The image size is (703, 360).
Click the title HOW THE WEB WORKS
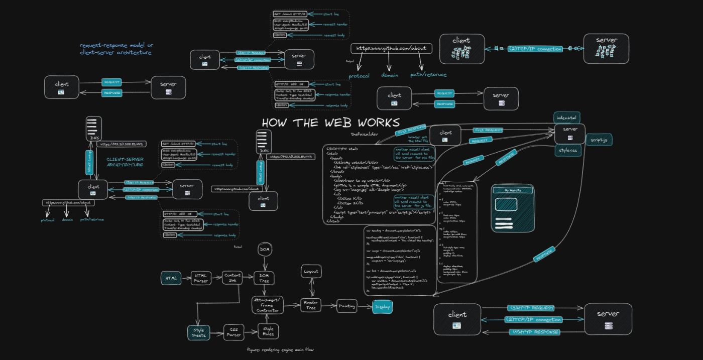click(330, 123)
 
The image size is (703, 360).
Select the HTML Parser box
click(201, 278)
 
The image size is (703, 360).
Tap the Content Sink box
click(232, 278)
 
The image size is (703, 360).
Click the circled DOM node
click(265, 249)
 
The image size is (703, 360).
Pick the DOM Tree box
click(264, 278)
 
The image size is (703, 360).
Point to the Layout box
click(311, 272)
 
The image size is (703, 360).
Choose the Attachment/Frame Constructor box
click(268, 305)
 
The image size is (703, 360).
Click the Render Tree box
click(311, 305)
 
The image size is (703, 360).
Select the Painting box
click(347, 306)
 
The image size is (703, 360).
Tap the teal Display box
click(382, 306)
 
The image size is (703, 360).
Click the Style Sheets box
click(199, 332)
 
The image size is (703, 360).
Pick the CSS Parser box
click(234, 332)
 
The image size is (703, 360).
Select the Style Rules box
click(268, 331)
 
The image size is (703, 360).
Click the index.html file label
click(567, 117)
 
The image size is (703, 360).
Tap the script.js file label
click(599, 140)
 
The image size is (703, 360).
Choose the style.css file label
click(567, 150)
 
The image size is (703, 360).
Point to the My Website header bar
click(513, 190)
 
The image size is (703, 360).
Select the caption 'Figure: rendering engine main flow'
click(281, 349)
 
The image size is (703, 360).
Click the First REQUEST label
click(489, 130)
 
